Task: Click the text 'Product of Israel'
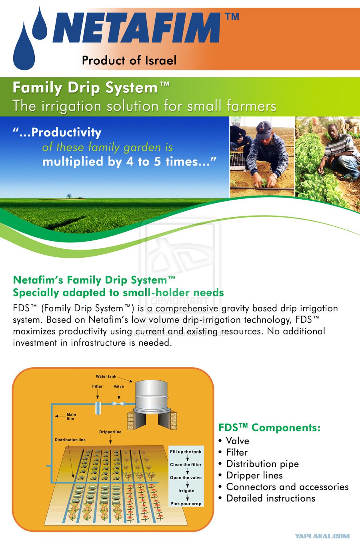pos(129,60)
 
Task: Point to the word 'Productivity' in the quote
pos(66,132)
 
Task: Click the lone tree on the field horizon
pos(69,196)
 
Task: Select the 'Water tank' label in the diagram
pos(106,376)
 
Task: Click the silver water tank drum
pos(152,395)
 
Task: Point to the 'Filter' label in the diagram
pos(97,386)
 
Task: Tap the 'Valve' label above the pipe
pos(119,386)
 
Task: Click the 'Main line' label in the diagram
pos(71,416)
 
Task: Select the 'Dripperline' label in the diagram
pos(110,432)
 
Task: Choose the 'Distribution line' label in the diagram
pos(70,440)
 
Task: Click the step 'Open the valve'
pos(186,478)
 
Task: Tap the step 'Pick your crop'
pos(186,504)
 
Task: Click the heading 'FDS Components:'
pos(269,427)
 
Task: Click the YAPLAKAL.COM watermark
pos(322,536)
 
